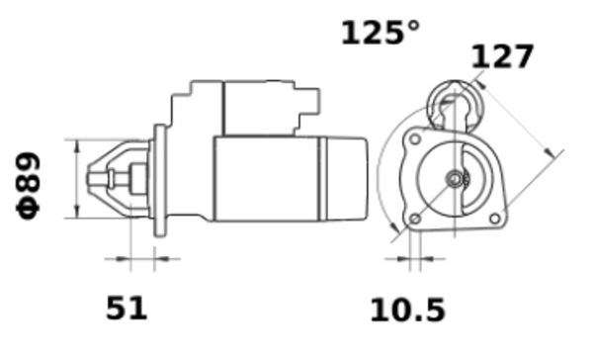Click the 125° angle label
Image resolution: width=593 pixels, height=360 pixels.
tap(381, 33)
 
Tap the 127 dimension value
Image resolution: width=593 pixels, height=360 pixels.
tap(502, 56)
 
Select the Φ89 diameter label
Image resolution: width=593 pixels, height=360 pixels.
tap(28, 186)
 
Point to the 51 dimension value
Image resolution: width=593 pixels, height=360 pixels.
tap(126, 309)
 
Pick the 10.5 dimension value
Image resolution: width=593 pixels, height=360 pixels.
tap(407, 311)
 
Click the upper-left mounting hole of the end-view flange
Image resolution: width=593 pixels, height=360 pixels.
tap(415, 138)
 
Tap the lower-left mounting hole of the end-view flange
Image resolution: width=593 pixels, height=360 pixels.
tap(415, 219)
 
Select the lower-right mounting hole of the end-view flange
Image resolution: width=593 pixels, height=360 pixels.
tap(494, 219)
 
